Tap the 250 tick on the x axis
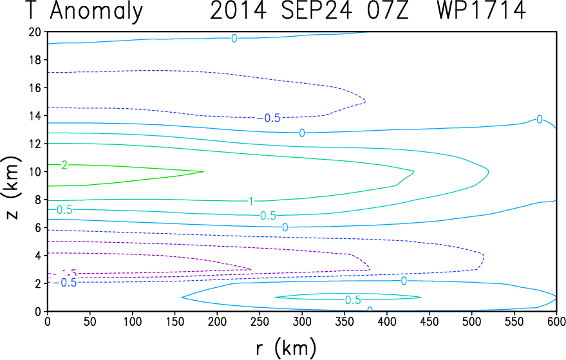175,321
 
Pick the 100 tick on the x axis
90,321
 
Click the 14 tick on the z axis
35,116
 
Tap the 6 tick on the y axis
38,227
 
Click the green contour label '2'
64,166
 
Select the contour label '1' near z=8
251,202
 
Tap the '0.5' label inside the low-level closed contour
352,300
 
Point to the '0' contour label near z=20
234,39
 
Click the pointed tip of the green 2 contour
203,171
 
